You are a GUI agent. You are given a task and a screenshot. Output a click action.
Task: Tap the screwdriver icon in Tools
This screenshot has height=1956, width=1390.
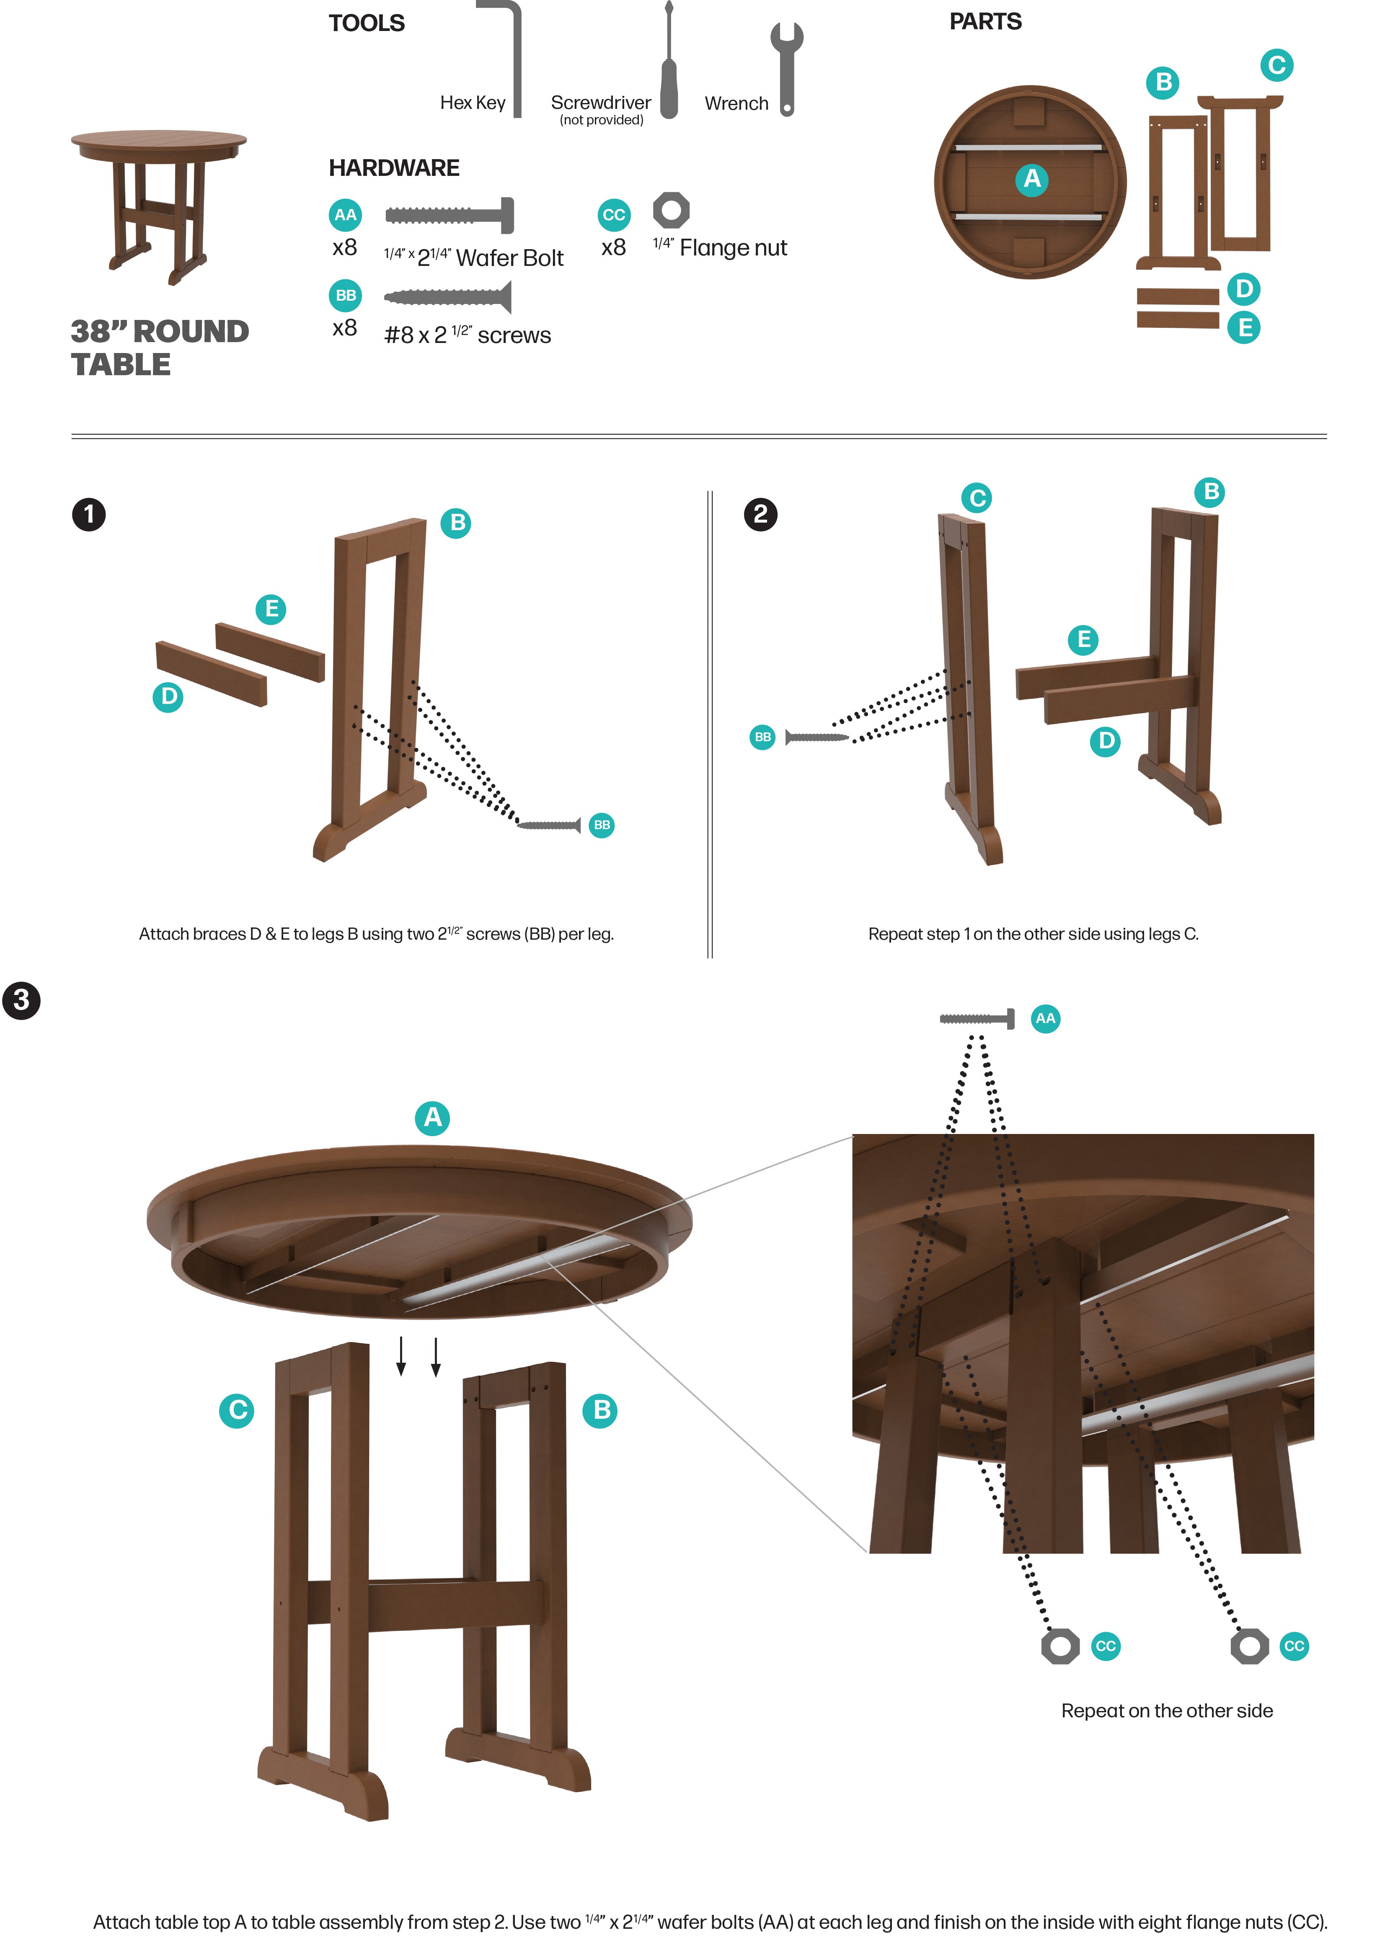click(669, 64)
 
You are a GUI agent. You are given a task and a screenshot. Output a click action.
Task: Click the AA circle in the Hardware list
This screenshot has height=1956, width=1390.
click(345, 215)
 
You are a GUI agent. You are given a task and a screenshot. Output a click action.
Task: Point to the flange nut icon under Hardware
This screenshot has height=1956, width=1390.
click(671, 210)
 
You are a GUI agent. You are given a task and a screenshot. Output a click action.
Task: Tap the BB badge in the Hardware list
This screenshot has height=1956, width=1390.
click(345, 295)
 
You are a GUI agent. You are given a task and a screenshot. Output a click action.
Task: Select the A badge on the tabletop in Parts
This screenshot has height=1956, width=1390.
click(1032, 179)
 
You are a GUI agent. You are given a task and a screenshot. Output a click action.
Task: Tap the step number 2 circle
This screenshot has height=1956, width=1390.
click(760, 514)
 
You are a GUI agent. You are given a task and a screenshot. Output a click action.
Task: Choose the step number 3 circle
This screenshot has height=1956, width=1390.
click(21, 1000)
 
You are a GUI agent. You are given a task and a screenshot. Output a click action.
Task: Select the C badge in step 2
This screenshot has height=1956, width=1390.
click(977, 498)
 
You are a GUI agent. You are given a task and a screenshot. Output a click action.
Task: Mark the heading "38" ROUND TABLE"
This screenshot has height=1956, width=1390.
click(159, 348)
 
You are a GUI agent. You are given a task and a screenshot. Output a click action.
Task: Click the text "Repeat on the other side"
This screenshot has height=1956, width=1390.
click(1167, 1711)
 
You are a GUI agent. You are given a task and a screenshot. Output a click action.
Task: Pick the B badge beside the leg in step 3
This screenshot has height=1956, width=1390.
click(602, 1409)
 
